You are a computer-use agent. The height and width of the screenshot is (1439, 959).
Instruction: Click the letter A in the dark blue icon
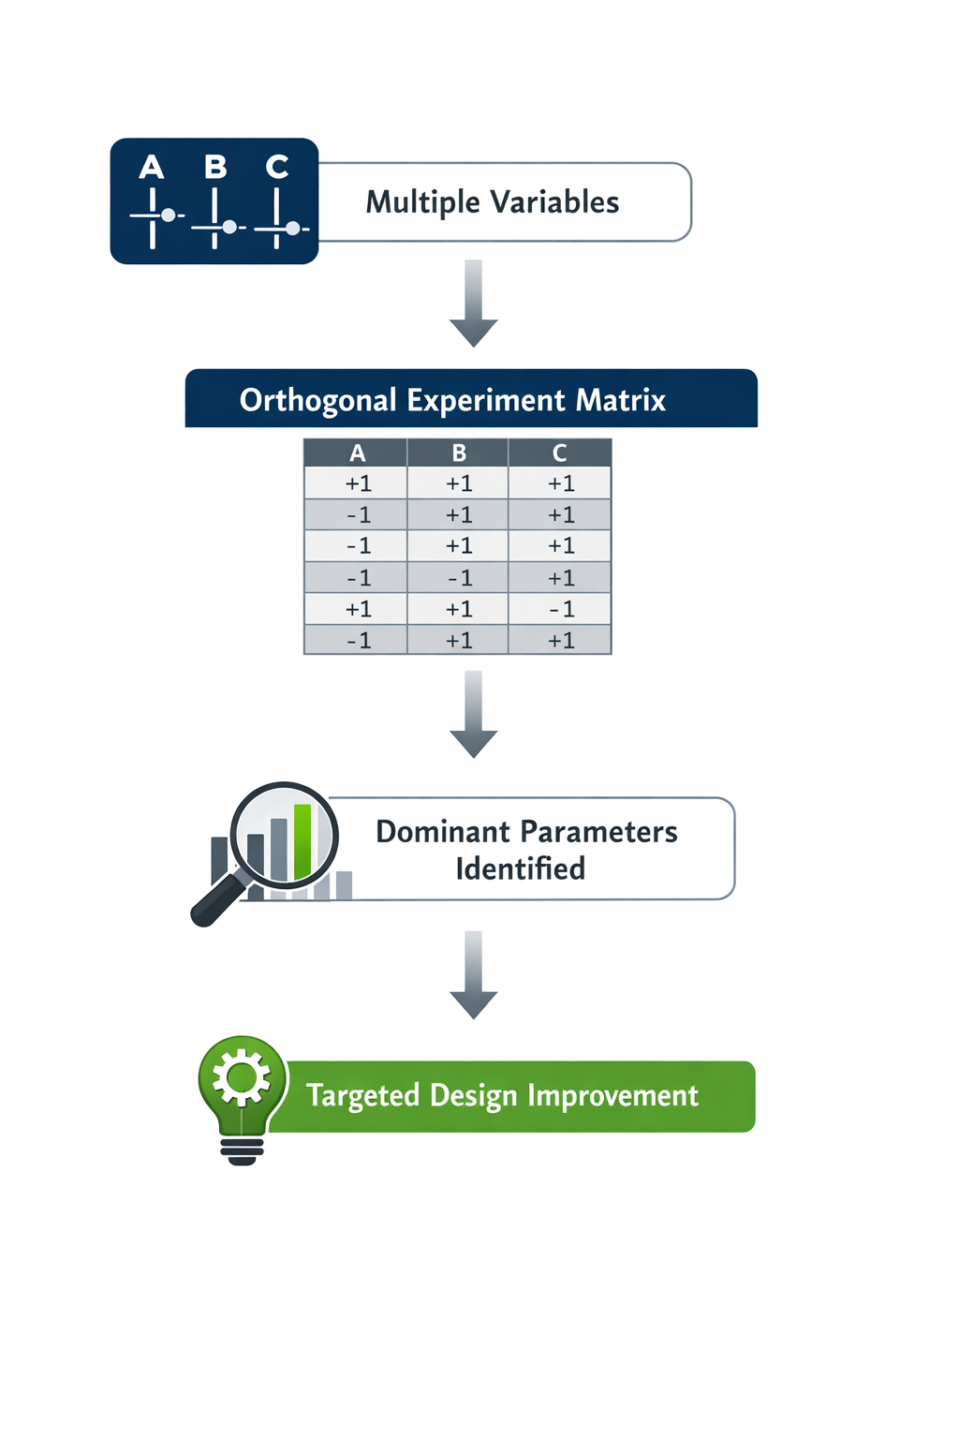[x=152, y=168]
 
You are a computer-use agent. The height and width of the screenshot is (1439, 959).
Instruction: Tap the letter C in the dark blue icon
[x=276, y=167]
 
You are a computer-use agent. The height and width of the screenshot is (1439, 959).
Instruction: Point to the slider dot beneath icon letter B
[x=229, y=227]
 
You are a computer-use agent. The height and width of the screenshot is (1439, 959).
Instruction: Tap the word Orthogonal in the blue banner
[x=318, y=400]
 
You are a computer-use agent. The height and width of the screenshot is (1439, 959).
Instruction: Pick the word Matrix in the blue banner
[x=620, y=400]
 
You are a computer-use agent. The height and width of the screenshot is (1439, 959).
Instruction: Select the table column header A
[x=358, y=453]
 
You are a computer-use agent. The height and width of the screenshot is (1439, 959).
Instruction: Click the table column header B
[x=459, y=453]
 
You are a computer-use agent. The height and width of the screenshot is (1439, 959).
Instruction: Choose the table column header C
[x=560, y=453]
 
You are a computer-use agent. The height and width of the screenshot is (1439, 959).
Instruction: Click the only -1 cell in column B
[x=459, y=578]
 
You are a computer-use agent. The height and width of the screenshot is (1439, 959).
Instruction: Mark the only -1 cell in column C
[x=561, y=609]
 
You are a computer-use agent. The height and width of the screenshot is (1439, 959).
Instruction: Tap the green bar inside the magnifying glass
[x=302, y=840]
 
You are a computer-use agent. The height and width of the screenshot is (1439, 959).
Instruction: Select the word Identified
[x=520, y=868]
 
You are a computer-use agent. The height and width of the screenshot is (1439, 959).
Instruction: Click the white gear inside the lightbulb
[x=242, y=1077]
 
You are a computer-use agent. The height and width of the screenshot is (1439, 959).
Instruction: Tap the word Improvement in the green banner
[x=612, y=1095]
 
